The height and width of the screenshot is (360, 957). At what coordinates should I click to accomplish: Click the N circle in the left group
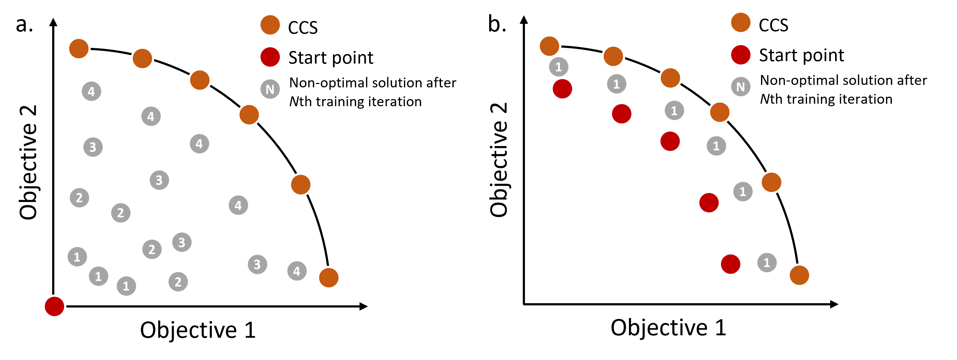click(x=270, y=89)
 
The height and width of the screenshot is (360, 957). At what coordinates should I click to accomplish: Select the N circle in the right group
click(x=740, y=86)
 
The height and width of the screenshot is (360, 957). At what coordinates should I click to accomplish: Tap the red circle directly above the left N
click(x=270, y=57)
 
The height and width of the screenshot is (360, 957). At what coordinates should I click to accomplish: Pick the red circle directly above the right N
click(x=740, y=55)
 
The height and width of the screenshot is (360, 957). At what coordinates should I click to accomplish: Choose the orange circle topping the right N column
click(x=740, y=22)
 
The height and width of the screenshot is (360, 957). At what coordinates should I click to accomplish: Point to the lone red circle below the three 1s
click(x=55, y=307)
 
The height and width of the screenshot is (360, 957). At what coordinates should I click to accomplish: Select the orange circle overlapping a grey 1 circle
click(x=549, y=46)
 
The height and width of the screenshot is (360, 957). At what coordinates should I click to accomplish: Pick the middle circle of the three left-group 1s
click(x=98, y=276)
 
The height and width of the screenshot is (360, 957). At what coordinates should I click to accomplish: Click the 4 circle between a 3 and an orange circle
click(x=297, y=271)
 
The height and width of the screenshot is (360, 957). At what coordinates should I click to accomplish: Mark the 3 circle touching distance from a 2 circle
click(x=182, y=242)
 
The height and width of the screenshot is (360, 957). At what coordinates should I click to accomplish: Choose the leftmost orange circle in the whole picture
click(x=79, y=48)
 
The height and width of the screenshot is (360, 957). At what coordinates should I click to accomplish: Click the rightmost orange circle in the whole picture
click(x=799, y=275)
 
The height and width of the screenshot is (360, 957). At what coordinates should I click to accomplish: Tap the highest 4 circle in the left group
click(x=91, y=91)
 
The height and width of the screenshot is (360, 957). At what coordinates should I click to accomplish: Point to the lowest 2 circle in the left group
click(x=178, y=282)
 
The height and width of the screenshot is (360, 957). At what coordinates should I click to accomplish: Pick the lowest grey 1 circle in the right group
click(x=767, y=263)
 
